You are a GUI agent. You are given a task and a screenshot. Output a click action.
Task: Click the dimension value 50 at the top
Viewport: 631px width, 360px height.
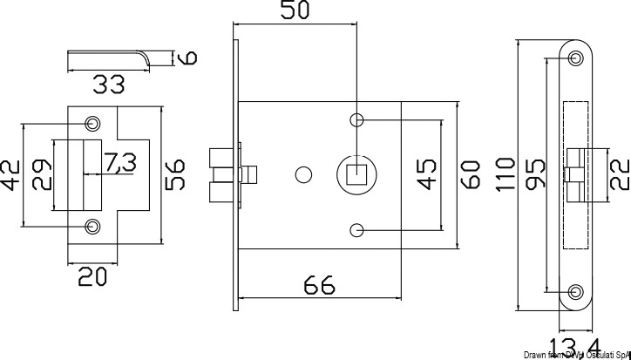point(296,11)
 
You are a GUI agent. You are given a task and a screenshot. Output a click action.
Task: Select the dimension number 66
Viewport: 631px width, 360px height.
point(319,285)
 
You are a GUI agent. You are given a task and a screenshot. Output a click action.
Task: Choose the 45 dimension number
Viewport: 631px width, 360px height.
point(427,173)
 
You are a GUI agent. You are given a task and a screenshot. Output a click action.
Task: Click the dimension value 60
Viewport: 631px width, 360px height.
point(471,173)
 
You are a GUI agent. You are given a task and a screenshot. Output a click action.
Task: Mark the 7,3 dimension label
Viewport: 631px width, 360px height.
point(119,161)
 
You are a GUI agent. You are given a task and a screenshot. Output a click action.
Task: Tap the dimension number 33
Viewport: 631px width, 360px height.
point(109,85)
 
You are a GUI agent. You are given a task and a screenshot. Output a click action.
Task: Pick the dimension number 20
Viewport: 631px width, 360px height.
point(92,277)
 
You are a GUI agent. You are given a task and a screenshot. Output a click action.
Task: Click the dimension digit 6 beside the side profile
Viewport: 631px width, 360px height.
point(187,58)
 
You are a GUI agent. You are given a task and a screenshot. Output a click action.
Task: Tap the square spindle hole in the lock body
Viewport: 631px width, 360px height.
point(356,173)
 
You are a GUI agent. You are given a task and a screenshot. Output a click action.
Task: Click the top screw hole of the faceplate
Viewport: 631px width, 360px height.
point(575,58)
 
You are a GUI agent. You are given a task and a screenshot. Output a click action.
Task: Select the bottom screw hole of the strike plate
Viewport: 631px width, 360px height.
point(92,227)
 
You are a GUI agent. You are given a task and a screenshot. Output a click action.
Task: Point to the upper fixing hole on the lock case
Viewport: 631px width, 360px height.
point(356,119)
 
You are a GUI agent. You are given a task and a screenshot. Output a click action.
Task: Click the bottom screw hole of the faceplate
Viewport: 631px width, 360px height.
point(575,292)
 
